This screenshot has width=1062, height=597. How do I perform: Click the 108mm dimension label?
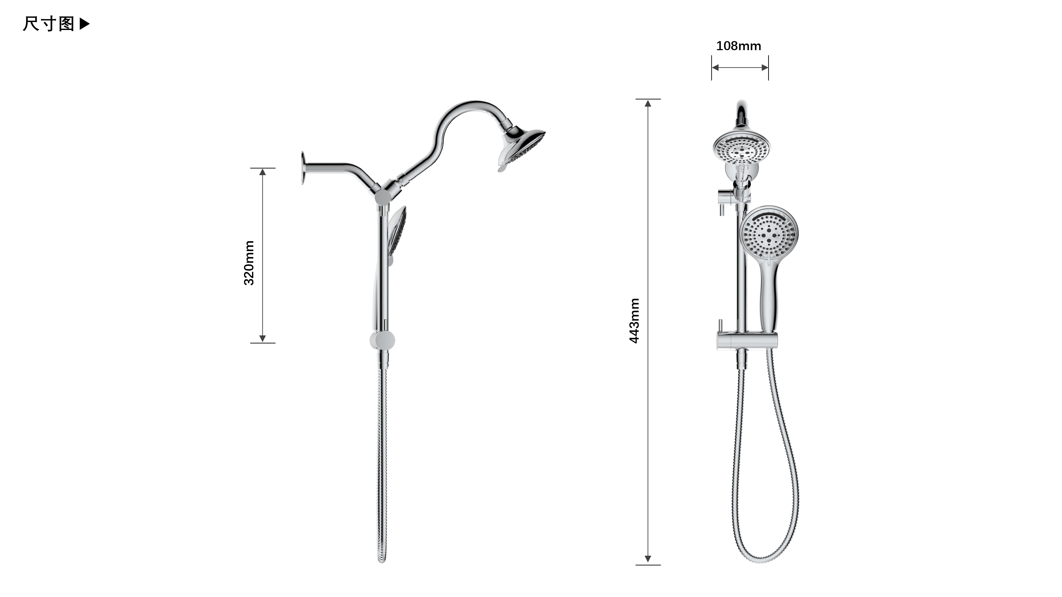click(738, 46)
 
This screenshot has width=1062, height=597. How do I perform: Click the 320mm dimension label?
click(249, 263)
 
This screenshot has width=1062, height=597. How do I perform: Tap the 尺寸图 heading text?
click(49, 24)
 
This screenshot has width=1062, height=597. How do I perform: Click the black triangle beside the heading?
click(84, 24)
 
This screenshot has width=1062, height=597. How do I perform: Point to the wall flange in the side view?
click(303, 168)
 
